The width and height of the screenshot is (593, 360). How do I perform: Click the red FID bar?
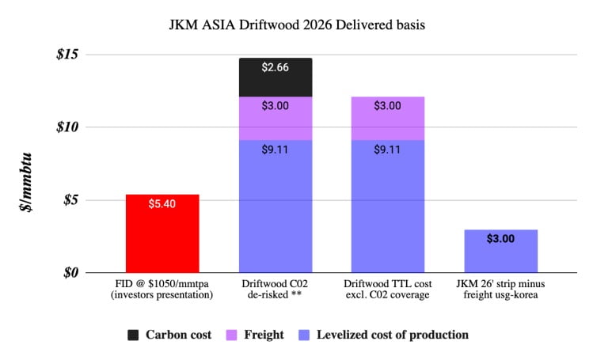pos(162,233)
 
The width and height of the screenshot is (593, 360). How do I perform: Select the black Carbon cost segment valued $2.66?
pos(275,78)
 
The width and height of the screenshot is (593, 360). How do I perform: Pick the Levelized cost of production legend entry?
pos(392,335)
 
